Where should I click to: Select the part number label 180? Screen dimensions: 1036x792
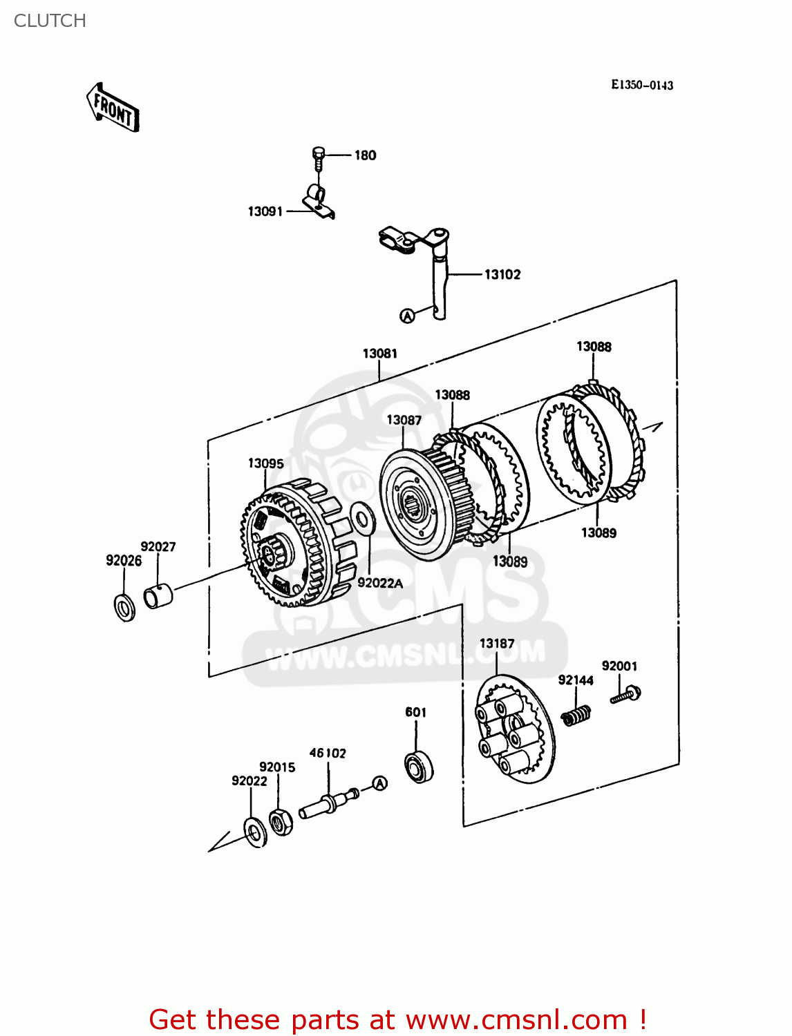pyautogui.click(x=365, y=155)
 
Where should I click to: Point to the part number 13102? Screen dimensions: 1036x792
pyautogui.click(x=502, y=275)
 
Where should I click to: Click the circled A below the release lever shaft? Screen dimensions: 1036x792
pyautogui.click(x=408, y=316)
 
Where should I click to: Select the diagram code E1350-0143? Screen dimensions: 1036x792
pyautogui.click(x=642, y=85)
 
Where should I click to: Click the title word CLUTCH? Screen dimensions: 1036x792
pyautogui.click(x=50, y=21)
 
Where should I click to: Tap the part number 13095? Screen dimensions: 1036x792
pyautogui.click(x=266, y=463)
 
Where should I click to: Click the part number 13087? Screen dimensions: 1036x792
pyautogui.click(x=404, y=420)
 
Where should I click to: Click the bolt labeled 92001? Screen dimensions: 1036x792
pyautogui.click(x=626, y=694)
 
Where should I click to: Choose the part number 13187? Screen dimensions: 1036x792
pyautogui.click(x=497, y=644)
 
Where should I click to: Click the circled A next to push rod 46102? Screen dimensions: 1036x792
pyautogui.click(x=379, y=783)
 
